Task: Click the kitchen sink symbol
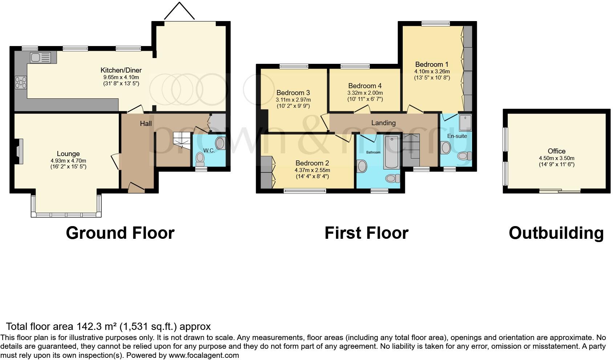(x=41, y=57)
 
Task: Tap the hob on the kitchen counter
(x=21, y=83)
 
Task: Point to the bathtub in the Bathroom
(x=391, y=152)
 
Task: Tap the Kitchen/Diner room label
(x=121, y=70)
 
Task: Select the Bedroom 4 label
(x=365, y=86)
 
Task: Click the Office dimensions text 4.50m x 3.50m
(x=556, y=158)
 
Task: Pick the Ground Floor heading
(x=120, y=233)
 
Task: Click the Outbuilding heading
(x=556, y=233)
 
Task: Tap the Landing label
(x=383, y=123)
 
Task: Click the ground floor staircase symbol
(x=182, y=139)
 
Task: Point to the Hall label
(x=146, y=124)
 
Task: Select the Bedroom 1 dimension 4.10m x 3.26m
(x=432, y=71)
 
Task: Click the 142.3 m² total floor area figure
(x=98, y=326)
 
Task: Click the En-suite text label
(x=457, y=136)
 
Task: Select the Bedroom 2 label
(x=312, y=163)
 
